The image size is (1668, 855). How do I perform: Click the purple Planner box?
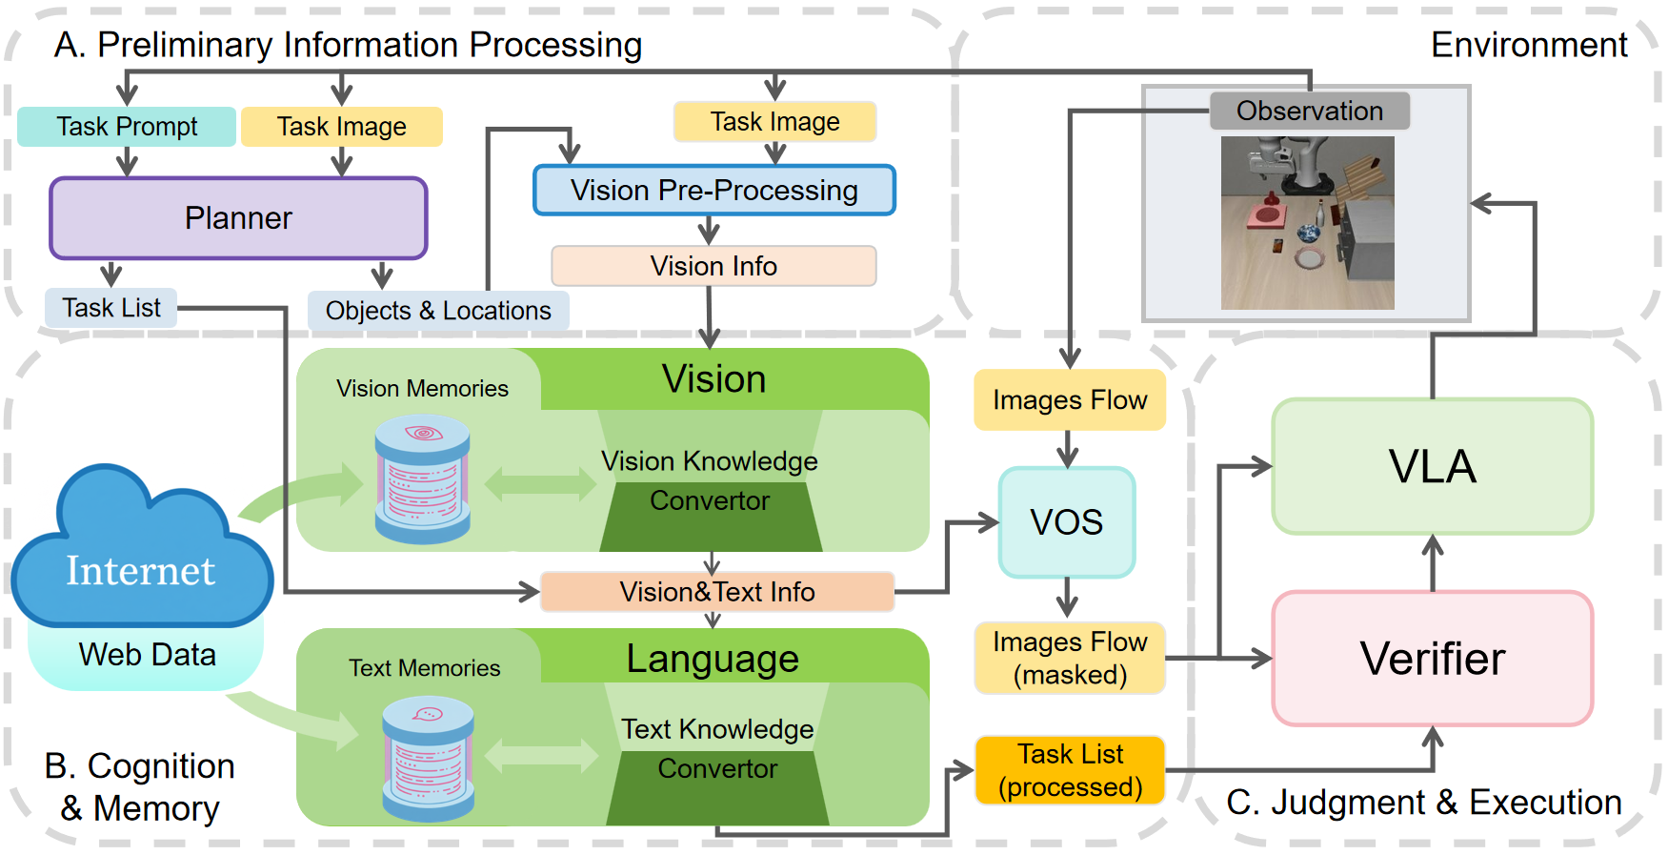[x=238, y=218]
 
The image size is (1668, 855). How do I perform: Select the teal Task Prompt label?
[x=127, y=127]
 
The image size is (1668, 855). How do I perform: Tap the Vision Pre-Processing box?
[x=713, y=191]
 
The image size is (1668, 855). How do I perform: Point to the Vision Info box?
[x=713, y=266]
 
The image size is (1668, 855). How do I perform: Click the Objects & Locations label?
[x=438, y=311]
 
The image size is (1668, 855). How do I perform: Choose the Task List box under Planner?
[x=111, y=308]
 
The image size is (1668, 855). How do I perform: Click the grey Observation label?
[x=1309, y=112]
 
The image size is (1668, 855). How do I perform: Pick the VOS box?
[x=1067, y=522]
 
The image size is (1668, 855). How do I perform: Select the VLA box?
[x=1432, y=466]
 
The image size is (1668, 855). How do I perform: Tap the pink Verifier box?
[x=1432, y=659]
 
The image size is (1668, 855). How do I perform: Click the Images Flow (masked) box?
[x=1070, y=658]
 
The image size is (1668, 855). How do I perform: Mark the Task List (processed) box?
[x=1070, y=770]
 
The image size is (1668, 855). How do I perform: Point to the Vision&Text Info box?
[x=716, y=592]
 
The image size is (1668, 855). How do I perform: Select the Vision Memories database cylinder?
[x=422, y=479]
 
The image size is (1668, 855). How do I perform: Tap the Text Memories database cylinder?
[x=428, y=759]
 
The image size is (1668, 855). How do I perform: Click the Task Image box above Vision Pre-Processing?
[x=774, y=122]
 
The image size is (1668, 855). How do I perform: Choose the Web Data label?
[x=147, y=655]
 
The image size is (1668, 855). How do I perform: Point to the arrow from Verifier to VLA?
[x=1433, y=562]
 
